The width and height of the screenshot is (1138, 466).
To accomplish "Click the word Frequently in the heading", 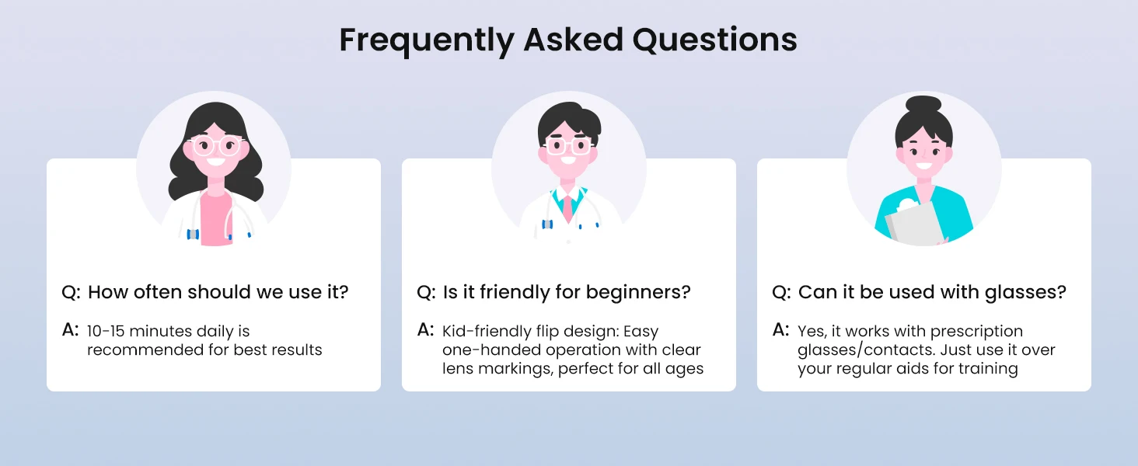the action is [x=428, y=40].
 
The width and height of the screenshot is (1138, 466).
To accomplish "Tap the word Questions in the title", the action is [x=715, y=40].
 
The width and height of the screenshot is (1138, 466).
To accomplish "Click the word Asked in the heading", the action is [x=574, y=39].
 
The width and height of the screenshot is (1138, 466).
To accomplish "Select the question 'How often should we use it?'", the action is [x=218, y=292].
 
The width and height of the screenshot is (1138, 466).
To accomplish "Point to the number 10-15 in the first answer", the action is [x=106, y=331].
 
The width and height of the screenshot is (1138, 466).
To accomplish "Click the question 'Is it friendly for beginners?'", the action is [x=567, y=292].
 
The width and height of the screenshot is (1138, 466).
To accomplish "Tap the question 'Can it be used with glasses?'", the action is [x=932, y=292].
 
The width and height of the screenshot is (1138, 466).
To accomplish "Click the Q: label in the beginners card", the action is [x=426, y=293].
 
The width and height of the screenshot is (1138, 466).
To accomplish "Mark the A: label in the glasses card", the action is [x=780, y=330].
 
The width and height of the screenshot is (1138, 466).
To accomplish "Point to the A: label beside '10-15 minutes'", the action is [x=70, y=330].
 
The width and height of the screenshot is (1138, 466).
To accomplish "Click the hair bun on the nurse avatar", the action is [x=923, y=103].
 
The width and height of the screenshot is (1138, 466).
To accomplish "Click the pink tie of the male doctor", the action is [x=568, y=207].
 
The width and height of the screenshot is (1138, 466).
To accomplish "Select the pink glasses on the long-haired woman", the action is [x=216, y=146].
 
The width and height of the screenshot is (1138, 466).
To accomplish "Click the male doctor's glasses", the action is [x=568, y=146].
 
